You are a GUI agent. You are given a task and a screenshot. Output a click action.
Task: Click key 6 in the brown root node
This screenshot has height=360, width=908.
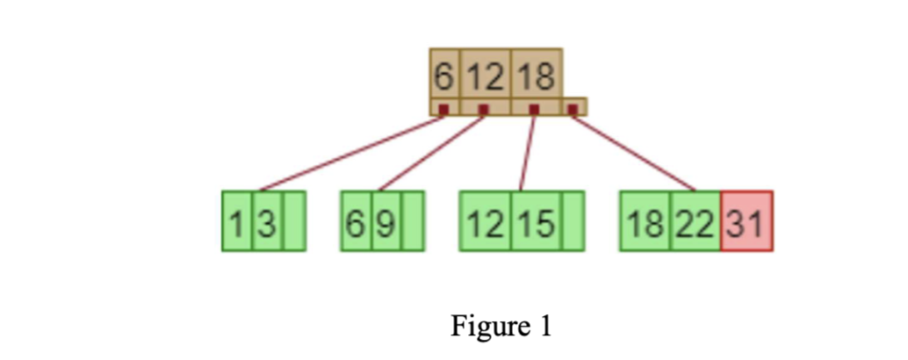click(444, 76)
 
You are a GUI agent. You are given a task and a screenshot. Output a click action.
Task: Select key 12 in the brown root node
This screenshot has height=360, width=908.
click(485, 76)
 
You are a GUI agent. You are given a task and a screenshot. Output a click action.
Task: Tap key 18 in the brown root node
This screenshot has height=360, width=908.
click(537, 76)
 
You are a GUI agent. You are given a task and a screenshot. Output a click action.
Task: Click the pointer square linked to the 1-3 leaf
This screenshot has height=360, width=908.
click(443, 110)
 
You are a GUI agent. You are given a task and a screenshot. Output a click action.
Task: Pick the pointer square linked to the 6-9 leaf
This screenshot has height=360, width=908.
click(483, 110)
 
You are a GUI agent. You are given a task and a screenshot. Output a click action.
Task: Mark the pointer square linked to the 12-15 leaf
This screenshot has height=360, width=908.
click(534, 110)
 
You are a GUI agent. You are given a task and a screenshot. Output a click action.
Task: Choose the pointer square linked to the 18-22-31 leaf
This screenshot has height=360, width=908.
click(573, 110)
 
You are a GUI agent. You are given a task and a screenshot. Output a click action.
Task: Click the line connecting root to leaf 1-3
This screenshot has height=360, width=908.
click(351, 151)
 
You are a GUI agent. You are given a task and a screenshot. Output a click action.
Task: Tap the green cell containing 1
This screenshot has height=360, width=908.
click(237, 221)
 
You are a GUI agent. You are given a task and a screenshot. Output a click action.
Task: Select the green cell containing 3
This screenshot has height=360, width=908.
click(267, 221)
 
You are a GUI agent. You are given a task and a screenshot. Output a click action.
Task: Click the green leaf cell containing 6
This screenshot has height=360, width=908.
click(356, 221)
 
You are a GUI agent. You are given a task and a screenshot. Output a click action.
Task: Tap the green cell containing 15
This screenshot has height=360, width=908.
click(537, 221)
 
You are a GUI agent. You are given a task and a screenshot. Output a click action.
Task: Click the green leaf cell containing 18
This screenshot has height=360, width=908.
click(645, 221)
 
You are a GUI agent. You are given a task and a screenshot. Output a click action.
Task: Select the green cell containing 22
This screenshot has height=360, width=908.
click(696, 221)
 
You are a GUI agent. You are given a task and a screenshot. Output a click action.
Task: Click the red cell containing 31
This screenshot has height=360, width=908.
click(746, 221)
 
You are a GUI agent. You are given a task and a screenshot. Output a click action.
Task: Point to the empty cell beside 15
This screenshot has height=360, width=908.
click(573, 221)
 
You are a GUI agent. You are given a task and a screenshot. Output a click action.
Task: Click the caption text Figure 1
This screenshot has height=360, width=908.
click(501, 327)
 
